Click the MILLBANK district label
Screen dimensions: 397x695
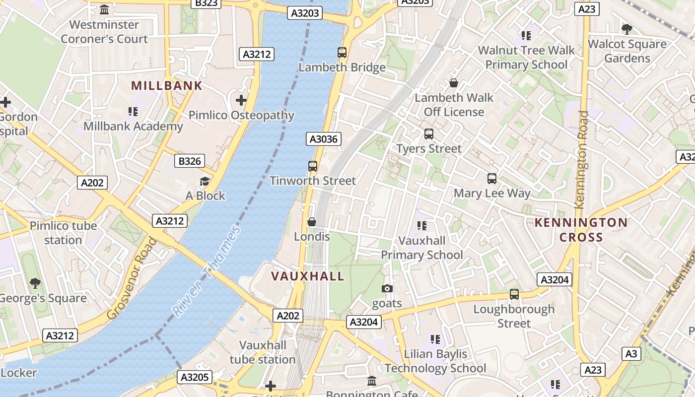click(x=167, y=85)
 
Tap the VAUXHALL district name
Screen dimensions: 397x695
click(x=307, y=276)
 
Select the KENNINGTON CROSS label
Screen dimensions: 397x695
click(x=581, y=230)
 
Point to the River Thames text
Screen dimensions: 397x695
click(x=207, y=271)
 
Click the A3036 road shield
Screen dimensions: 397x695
click(x=324, y=139)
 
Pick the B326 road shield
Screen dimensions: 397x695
click(x=190, y=161)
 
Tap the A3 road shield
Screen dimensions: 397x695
click(x=631, y=354)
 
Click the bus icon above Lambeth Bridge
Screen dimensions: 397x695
click(x=342, y=53)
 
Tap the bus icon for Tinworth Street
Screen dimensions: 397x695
click(x=313, y=166)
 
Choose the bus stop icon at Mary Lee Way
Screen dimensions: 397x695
click(x=492, y=179)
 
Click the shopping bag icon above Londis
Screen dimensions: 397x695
click(x=312, y=222)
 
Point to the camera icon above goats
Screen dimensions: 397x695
click(x=387, y=288)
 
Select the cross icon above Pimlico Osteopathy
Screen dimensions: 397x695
click(x=241, y=101)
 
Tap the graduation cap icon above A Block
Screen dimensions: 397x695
click(x=205, y=181)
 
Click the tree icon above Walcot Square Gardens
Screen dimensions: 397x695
click(x=627, y=29)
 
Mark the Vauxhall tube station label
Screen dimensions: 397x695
click(x=263, y=352)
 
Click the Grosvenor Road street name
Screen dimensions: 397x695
click(x=131, y=279)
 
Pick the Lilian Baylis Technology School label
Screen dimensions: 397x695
click(x=435, y=361)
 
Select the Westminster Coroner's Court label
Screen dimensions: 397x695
click(x=104, y=32)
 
